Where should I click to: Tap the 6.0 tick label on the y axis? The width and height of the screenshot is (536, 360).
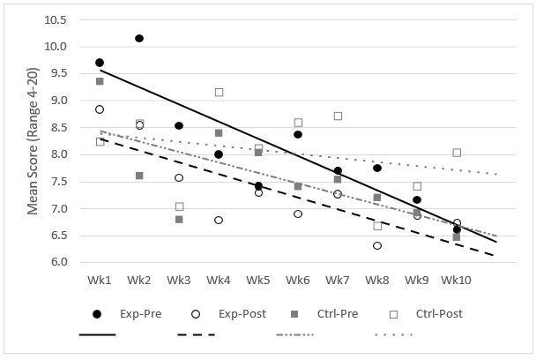[x=57, y=262]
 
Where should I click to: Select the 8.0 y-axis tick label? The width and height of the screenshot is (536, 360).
[x=57, y=154]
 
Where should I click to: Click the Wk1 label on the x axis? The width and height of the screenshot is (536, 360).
[x=100, y=280]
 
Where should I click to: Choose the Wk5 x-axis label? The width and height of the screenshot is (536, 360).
[x=258, y=280]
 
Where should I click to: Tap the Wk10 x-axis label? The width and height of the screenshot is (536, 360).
[x=457, y=280]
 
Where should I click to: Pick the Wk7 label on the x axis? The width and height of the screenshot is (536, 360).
[x=338, y=280]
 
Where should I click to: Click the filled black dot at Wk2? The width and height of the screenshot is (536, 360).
[x=139, y=39]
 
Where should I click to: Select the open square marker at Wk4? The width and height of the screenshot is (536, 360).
[x=219, y=93]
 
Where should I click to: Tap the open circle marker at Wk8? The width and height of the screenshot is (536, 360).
[x=377, y=245]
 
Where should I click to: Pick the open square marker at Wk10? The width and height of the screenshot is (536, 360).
[x=457, y=153]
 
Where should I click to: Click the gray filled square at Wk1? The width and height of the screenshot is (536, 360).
[x=100, y=81]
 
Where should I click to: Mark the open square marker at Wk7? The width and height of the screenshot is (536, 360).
[x=338, y=116]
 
